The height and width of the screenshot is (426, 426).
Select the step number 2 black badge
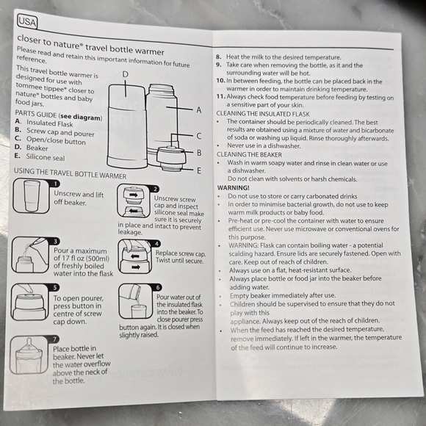[x=155, y=189]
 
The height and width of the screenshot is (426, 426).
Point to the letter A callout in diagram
[x=198, y=109]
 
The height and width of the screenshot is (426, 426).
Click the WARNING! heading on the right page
[x=233, y=188]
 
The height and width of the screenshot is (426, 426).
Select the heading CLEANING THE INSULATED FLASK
[x=262, y=113]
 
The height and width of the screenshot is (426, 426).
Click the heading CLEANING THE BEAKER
[x=250, y=155]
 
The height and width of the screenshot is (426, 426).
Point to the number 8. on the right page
[x=219, y=57]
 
